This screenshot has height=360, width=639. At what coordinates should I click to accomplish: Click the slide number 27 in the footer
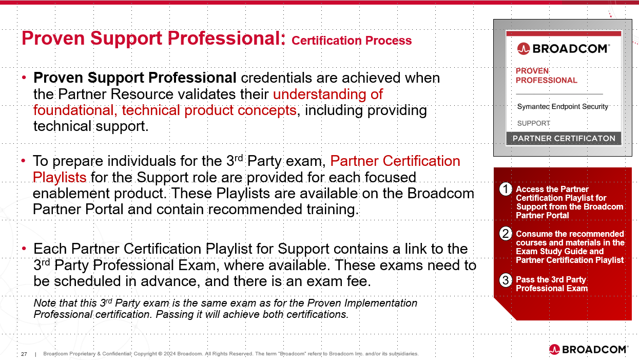pyautogui.click(x=24, y=354)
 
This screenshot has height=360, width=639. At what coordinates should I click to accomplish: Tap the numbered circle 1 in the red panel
pyautogui.click(x=506, y=190)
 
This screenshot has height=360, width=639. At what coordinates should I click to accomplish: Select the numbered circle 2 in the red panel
pyautogui.click(x=506, y=234)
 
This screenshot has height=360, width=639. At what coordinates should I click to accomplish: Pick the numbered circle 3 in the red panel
pyautogui.click(x=506, y=280)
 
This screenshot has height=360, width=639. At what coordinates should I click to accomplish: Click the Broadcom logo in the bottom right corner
pyautogui.click(x=588, y=349)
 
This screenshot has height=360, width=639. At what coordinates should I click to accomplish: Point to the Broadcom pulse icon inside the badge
pyautogui.click(x=524, y=49)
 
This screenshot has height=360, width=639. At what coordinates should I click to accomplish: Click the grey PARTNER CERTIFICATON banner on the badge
pyautogui.click(x=564, y=139)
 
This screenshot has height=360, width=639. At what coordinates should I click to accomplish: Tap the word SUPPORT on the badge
pyautogui.click(x=533, y=123)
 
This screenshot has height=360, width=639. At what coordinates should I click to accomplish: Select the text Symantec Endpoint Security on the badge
pyautogui.click(x=563, y=107)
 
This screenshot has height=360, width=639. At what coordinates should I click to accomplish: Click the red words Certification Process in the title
pyautogui.click(x=352, y=41)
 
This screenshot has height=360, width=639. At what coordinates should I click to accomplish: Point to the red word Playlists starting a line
pyautogui.click(x=60, y=178)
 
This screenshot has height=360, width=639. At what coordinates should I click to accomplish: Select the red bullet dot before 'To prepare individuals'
pyautogui.click(x=24, y=161)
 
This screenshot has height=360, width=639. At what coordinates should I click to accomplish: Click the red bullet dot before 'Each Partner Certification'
pyautogui.click(x=24, y=249)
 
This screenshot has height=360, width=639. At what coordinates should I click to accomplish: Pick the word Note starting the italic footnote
pyautogui.click(x=44, y=303)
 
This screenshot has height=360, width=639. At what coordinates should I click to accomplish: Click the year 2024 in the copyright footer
pyautogui.click(x=169, y=354)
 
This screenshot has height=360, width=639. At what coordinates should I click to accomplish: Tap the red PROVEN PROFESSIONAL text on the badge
pyautogui.click(x=546, y=75)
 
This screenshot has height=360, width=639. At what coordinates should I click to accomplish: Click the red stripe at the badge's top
pyautogui.click(x=564, y=34)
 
